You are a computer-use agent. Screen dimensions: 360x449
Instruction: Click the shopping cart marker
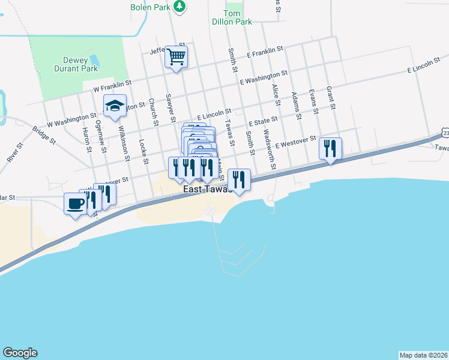tap(176, 57)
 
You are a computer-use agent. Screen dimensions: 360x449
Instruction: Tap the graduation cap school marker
tap(115, 106)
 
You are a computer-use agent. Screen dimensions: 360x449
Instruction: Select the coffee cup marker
tap(75, 204)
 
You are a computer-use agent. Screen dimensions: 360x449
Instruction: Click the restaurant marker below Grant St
tap(330, 148)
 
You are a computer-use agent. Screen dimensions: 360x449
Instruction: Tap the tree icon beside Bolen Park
tap(179, 7)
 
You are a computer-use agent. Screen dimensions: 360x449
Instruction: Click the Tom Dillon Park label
tap(232, 17)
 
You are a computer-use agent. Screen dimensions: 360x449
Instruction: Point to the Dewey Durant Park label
tap(80, 64)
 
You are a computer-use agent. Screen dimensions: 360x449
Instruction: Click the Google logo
tap(20, 353)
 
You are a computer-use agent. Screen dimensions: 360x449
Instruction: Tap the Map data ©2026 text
tap(423, 355)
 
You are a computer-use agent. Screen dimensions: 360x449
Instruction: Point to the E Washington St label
tap(264, 77)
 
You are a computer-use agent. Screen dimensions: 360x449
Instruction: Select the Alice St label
tap(276, 95)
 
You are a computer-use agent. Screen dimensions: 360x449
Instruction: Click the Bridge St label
tap(44, 134)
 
